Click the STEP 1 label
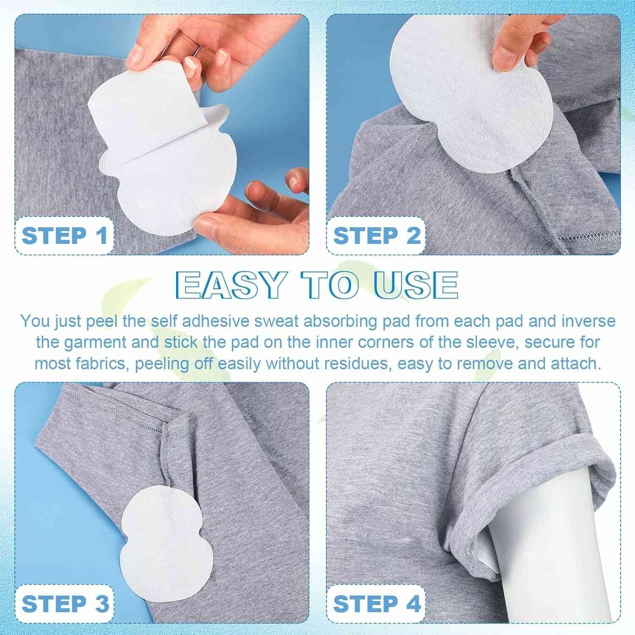click(x=64, y=236)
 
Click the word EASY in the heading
click(x=231, y=284)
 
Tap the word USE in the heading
click(x=416, y=284)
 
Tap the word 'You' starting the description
click(x=35, y=321)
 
